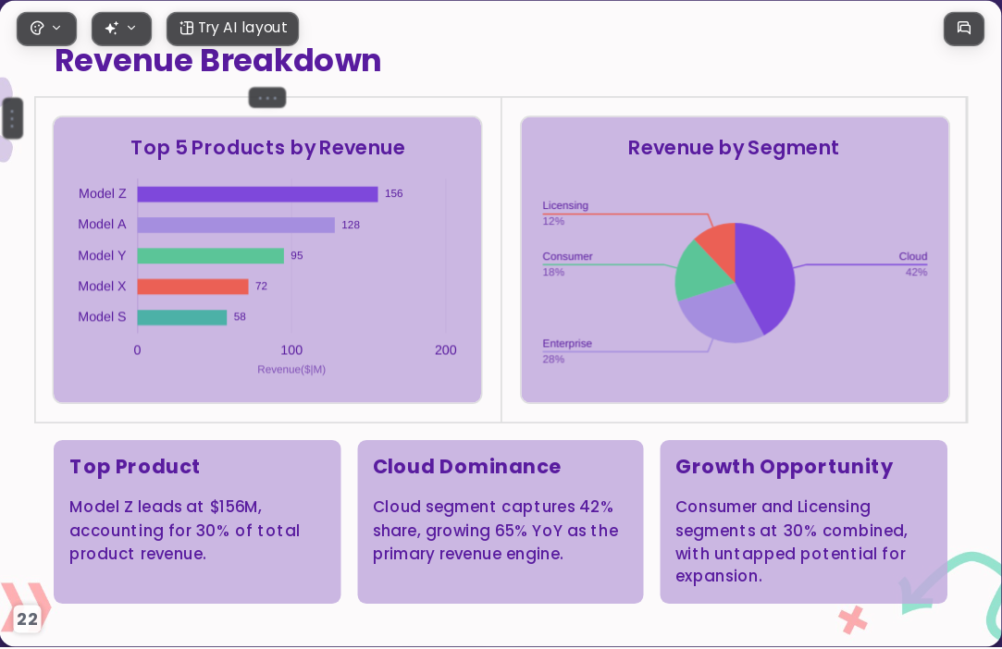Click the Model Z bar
(257, 194)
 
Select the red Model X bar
(193, 287)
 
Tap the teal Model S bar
(182, 317)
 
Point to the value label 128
(351, 225)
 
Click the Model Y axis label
(103, 255)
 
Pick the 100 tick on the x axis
(291, 350)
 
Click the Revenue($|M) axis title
(291, 369)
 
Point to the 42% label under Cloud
(916, 272)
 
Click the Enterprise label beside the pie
(567, 344)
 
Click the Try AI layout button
(232, 29)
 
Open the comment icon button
(964, 28)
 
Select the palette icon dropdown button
(46, 29)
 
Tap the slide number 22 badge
(27, 619)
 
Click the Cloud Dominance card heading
(466, 467)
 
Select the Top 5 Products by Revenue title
(267, 148)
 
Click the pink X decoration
(853, 619)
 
